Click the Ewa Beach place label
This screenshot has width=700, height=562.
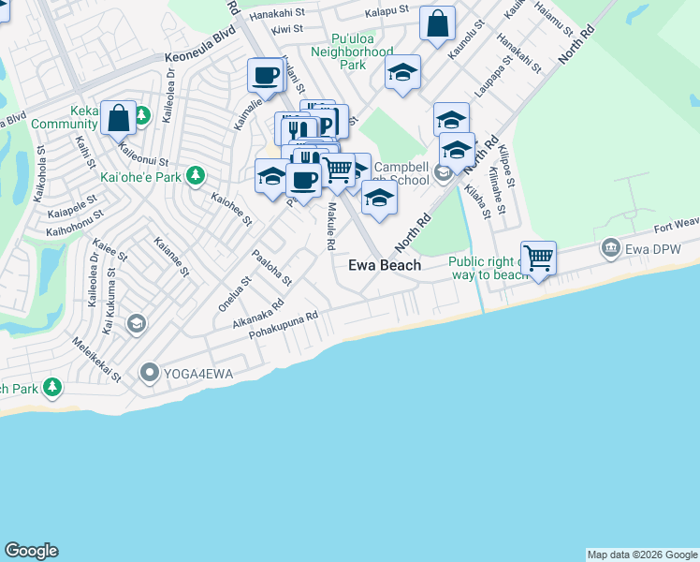click(x=385, y=265)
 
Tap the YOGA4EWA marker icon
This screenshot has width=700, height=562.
click(x=149, y=374)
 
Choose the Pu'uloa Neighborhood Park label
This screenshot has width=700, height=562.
click(x=348, y=52)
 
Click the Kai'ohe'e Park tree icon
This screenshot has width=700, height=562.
click(x=196, y=175)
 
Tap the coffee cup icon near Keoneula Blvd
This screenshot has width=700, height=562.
click(x=265, y=74)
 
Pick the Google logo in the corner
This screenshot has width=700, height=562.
click(x=31, y=551)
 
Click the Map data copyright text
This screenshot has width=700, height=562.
click(x=641, y=555)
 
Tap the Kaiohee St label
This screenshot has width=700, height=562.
click(x=231, y=210)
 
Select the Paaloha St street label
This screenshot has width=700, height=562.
click(x=273, y=267)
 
